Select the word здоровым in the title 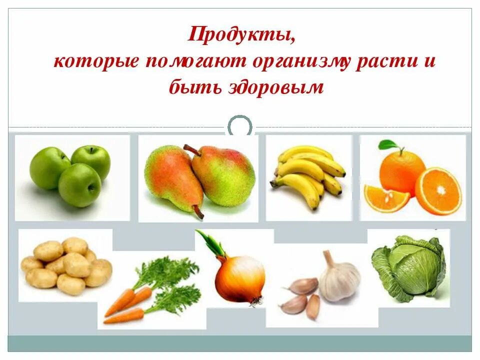point(282,88)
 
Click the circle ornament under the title point(240,126)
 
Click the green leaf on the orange point(388,145)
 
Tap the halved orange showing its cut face point(438,190)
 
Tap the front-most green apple point(79,185)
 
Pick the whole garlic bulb point(339,280)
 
